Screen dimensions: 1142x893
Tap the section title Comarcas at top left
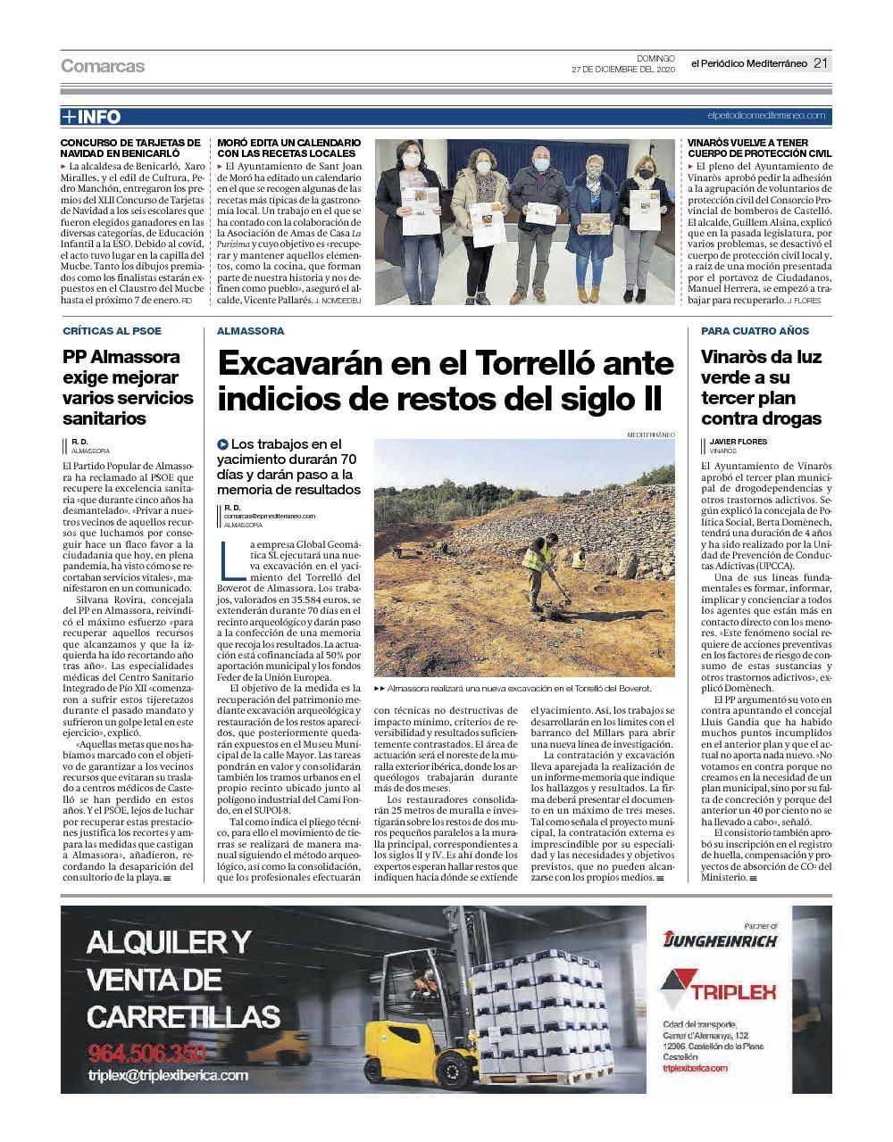coord(103,66)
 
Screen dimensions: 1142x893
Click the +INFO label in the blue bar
coord(90,117)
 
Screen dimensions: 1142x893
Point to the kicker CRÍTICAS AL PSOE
coord(113,331)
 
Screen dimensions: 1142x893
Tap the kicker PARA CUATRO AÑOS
coord(755,331)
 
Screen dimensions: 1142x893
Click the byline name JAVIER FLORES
coord(738,442)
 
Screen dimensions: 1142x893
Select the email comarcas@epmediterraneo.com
coord(270,516)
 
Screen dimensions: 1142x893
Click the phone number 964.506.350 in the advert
coord(146,1051)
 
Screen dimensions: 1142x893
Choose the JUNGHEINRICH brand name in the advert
coord(720,939)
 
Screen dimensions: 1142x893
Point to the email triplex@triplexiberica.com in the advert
coord(168,1076)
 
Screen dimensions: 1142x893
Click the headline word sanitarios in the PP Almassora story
coord(104,418)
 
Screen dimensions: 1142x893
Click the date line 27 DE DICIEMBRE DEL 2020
coord(623,70)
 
